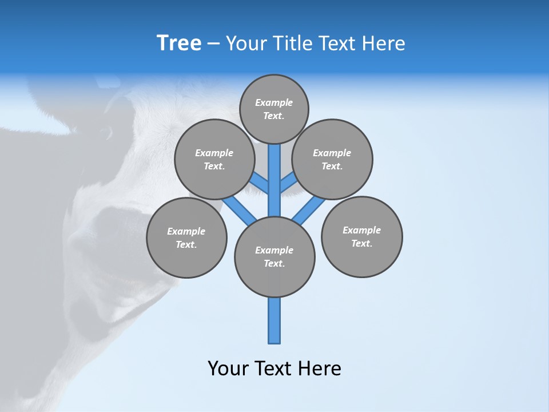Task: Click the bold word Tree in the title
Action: point(179,43)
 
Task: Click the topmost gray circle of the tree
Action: point(274,109)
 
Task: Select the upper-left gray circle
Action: point(214,159)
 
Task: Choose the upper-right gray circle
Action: point(332,159)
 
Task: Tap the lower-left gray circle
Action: point(186,237)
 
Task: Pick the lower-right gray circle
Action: point(361,236)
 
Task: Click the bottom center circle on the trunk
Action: point(274,257)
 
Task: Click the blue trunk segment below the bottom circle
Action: point(274,320)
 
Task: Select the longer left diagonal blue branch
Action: point(239,209)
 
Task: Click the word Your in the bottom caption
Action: point(228,369)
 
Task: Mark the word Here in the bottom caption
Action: point(321,369)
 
